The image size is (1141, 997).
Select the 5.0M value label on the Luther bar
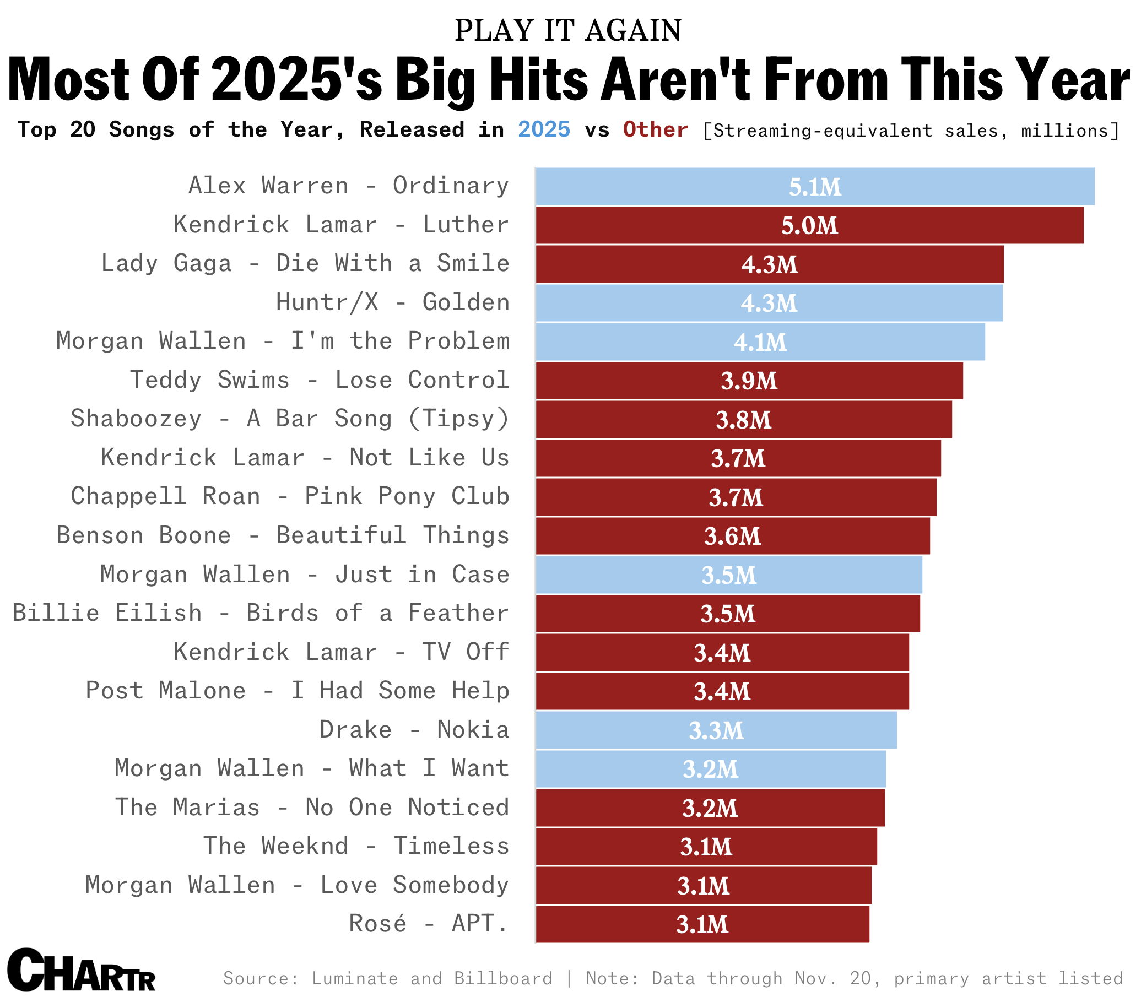pyautogui.click(x=809, y=226)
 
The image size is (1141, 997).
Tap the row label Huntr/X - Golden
pyautogui.click(x=392, y=302)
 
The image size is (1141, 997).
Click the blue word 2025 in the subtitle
pyautogui.click(x=544, y=129)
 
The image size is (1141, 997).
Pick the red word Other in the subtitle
pyautogui.click(x=655, y=129)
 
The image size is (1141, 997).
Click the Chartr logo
pyautogui.click(x=81, y=971)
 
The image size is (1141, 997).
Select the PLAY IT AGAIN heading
pyautogui.click(x=567, y=31)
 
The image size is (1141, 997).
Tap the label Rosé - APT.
pyautogui.click(x=429, y=924)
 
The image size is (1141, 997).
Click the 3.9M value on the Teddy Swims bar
pyautogui.click(x=749, y=381)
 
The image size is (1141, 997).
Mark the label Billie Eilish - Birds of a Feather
pyautogui.click(x=261, y=613)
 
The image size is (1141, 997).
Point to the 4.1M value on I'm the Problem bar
pyautogui.click(x=760, y=342)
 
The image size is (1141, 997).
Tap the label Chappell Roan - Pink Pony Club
pyautogui.click(x=290, y=496)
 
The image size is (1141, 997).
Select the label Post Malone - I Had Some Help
pyautogui.click(x=297, y=690)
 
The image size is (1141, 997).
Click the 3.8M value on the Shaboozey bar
pyautogui.click(x=744, y=420)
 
